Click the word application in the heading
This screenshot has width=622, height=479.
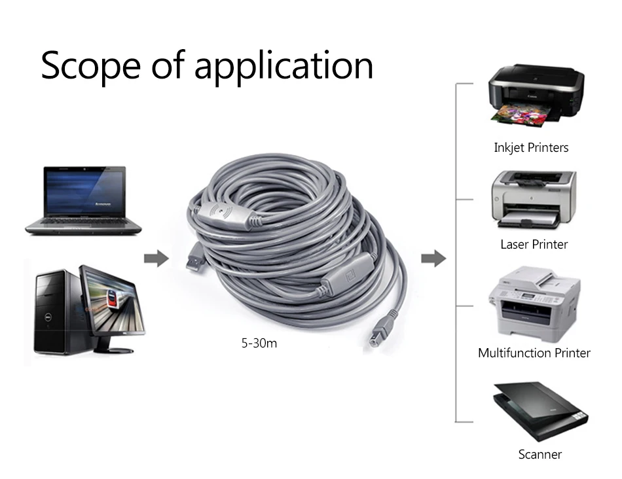click(284, 66)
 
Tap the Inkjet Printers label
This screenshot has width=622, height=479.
click(531, 148)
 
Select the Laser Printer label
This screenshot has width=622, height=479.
click(534, 244)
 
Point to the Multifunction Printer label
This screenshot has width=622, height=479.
click(534, 353)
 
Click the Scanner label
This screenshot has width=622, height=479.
click(540, 454)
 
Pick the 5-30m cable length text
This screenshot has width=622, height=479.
click(259, 343)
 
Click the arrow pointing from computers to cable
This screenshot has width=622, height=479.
click(156, 258)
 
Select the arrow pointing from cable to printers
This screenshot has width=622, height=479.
click(433, 258)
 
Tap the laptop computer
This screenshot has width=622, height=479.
click(83, 201)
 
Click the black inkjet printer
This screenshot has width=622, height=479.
click(536, 95)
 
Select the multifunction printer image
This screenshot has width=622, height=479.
click(534, 304)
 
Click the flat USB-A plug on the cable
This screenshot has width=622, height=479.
click(195, 256)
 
